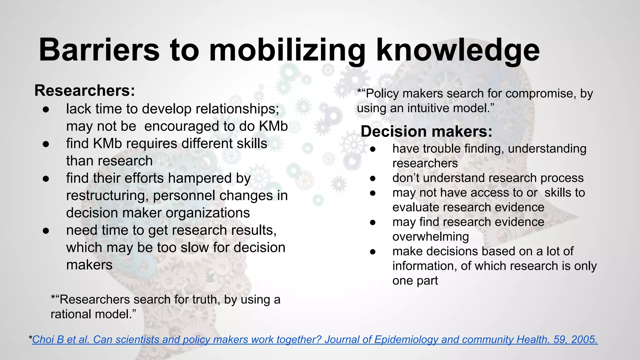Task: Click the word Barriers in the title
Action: (99, 50)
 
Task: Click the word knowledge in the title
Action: (458, 50)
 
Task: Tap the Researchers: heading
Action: (85, 91)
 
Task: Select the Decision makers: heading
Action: (426, 131)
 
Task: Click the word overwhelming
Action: (431, 237)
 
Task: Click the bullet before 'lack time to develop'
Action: (46, 109)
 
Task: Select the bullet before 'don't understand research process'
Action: (372, 178)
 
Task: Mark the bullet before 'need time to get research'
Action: (46, 230)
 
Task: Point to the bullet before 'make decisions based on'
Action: (372, 252)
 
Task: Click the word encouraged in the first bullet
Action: (182, 126)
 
